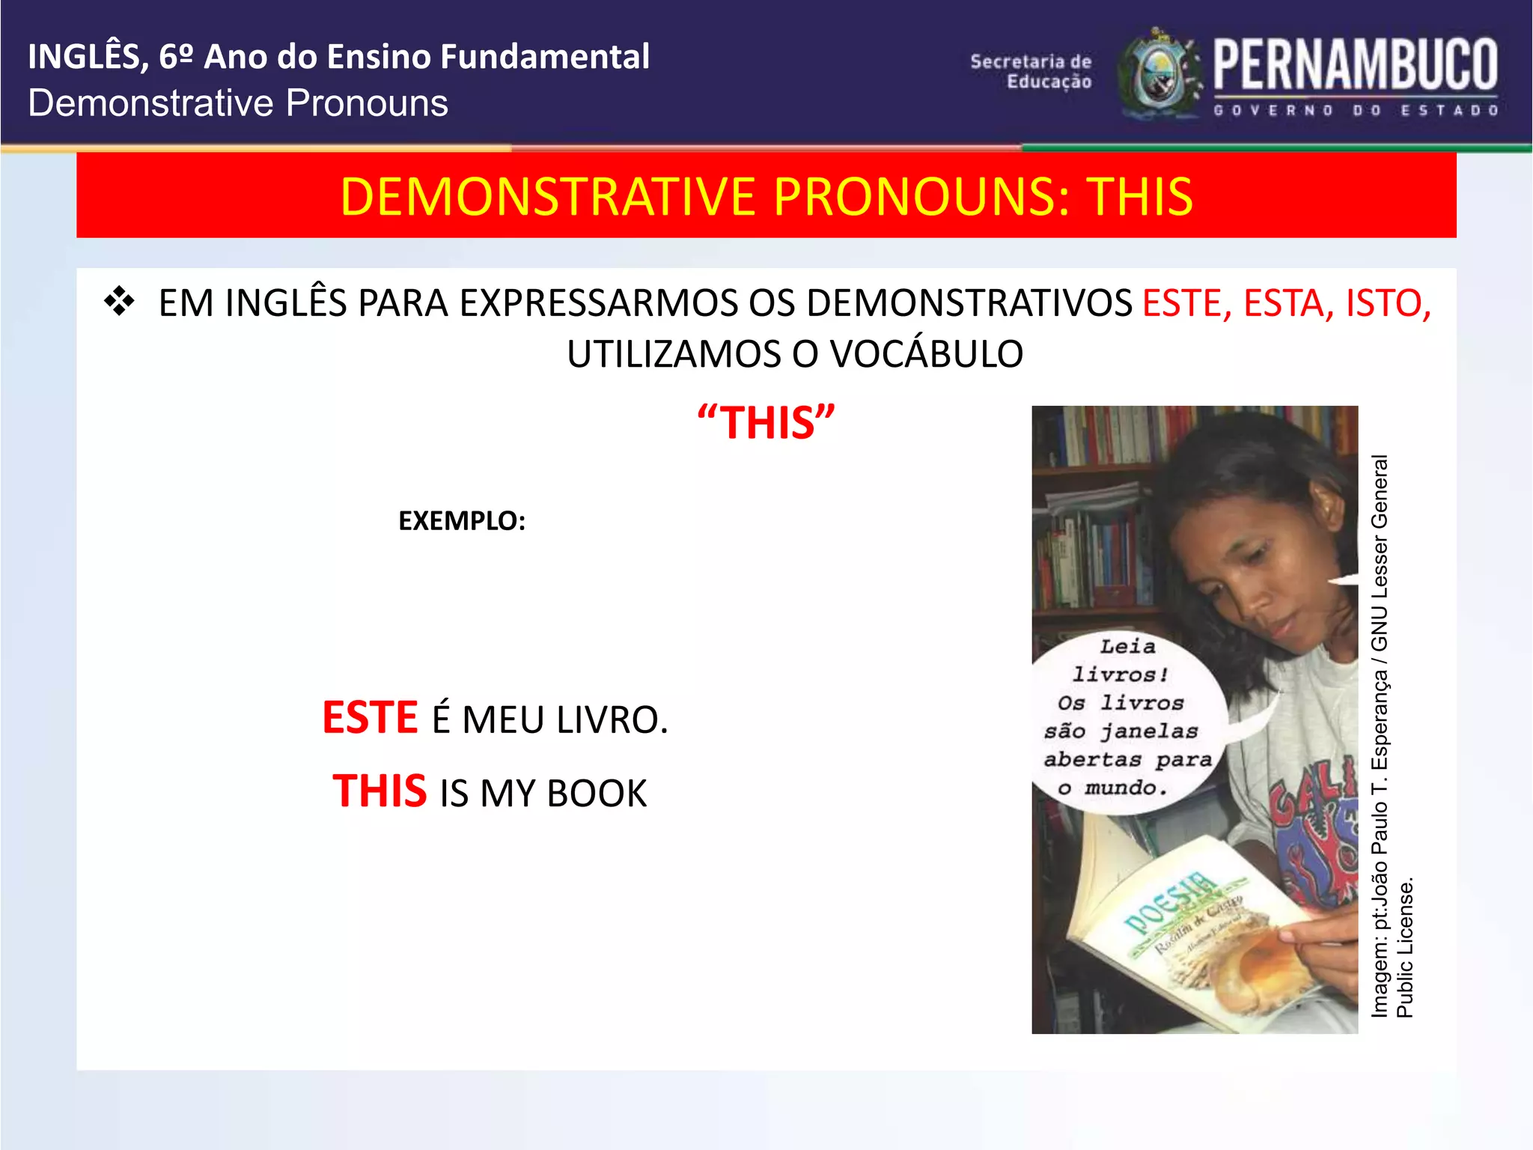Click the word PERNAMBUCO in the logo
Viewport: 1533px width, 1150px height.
(x=1355, y=65)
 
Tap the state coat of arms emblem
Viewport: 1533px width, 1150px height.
(x=1159, y=75)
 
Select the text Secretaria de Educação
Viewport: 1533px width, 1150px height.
(x=1031, y=71)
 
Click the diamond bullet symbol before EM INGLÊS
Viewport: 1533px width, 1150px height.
(x=120, y=302)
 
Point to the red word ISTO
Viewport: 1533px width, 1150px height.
(x=1387, y=303)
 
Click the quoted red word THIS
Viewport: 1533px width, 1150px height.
(x=766, y=423)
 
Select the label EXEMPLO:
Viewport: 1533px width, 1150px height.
(x=462, y=520)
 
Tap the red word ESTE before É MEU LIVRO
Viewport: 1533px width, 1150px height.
(x=370, y=717)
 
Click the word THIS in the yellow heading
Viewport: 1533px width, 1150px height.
(x=1139, y=197)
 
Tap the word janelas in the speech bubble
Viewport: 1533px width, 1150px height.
(x=1149, y=731)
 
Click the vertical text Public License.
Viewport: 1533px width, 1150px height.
(x=1405, y=948)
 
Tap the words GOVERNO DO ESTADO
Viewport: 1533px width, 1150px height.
(x=1355, y=111)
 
